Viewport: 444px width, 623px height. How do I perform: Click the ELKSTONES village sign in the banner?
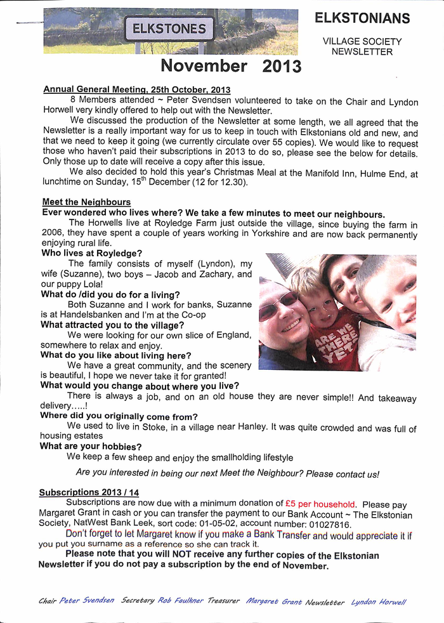click(169, 29)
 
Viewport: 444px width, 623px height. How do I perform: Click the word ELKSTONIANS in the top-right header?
click(362, 18)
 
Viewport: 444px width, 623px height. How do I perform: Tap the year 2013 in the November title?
click(282, 66)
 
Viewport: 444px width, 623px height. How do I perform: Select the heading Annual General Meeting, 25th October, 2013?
click(136, 90)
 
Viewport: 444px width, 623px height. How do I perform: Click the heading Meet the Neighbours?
click(78, 202)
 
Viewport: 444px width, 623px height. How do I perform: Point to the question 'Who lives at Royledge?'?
click(91, 253)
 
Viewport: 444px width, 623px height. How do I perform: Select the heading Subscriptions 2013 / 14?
click(89, 492)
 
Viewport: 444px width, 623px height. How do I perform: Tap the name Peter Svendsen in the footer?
click(87, 600)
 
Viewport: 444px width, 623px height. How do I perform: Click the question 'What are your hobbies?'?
click(91, 446)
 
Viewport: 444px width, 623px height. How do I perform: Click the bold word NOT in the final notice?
click(182, 555)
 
